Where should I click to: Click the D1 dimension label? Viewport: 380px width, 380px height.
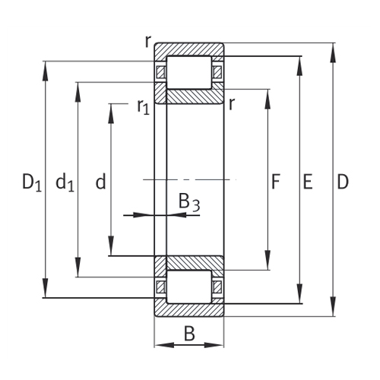click(x=31, y=182)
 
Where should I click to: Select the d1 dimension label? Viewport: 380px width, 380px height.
click(x=65, y=182)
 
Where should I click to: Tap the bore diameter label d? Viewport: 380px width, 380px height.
click(x=100, y=182)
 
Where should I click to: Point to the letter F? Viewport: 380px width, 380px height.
click(x=277, y=182)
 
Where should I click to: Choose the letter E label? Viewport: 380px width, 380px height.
click(x=308, y=182)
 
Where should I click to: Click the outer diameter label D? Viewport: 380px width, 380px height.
click(x=343, y=182)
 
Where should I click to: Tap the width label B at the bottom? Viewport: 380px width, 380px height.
click(x=189, y=332)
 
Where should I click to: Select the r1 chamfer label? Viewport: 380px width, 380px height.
click(x=143, y=107)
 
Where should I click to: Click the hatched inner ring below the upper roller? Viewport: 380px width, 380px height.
click(x=189, y=97)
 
